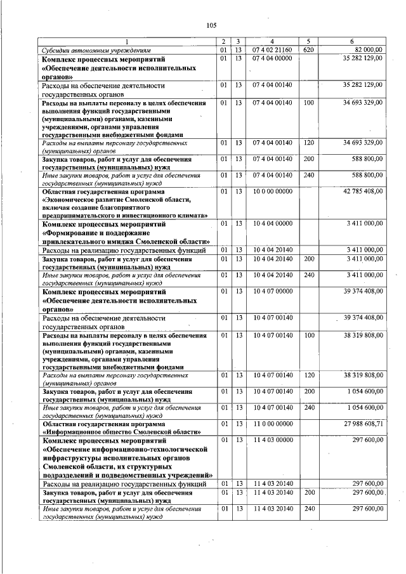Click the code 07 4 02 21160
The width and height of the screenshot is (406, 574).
(x=272, y=49)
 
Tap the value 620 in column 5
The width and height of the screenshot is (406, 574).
(x=309, y=49)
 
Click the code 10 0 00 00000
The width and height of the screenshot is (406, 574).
(x=272, y=191)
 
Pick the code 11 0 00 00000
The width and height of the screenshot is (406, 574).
(x=272, y=423)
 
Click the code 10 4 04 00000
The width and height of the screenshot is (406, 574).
(x=272, y=223)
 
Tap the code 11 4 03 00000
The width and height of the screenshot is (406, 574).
(x=272, y=440)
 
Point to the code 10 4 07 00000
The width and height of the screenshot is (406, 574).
(x=272, y=291)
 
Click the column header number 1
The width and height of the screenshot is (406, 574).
(x=126, y=41)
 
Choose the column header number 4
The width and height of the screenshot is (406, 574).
(x=272, y=41)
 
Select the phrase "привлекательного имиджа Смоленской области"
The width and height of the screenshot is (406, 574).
(x=126, y=242)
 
